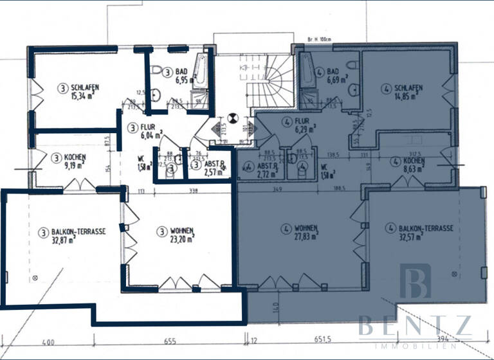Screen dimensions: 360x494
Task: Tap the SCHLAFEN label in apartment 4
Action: pyautogui.click(x=409, y=89)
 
